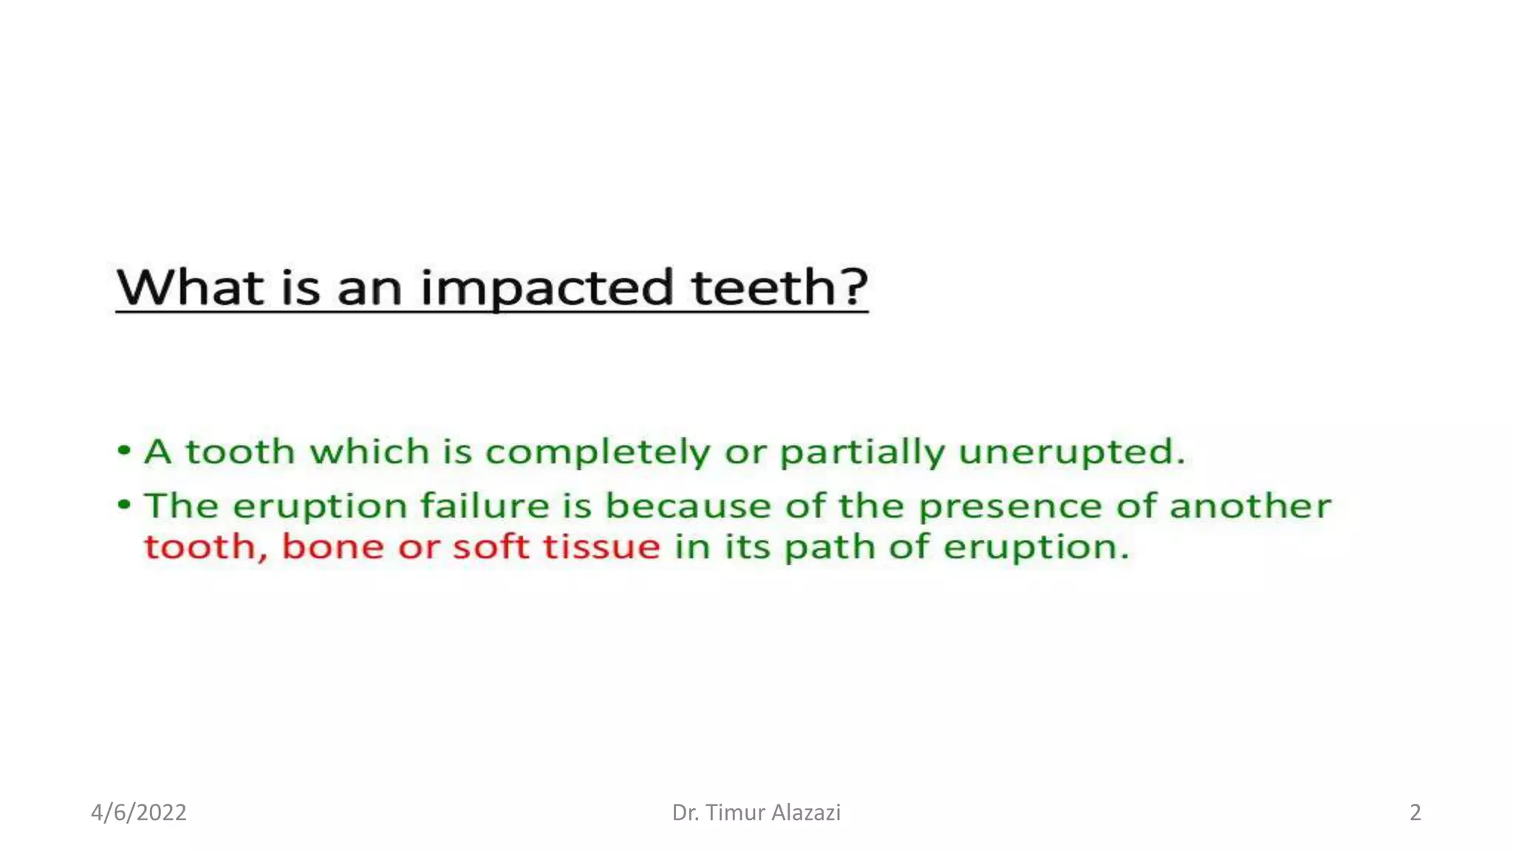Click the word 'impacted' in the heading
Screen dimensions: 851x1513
pos(547,287)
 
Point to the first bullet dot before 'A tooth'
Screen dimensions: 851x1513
pos(124,450)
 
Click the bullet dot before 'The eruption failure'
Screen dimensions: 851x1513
pos(124,505)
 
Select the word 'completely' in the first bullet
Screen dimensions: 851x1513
pos(597,452)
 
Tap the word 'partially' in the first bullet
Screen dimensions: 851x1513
pos(862,452)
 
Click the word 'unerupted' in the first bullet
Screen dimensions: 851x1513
pos(1071,452)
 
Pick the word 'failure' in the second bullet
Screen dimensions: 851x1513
pos(484,506)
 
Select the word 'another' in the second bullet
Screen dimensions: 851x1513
pos(1249,506)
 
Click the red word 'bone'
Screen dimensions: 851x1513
pos(332,547)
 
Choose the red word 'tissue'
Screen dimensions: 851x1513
pos(601,547)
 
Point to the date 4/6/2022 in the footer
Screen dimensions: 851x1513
pos(139,813)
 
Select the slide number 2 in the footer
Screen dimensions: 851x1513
pos(1415,813)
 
